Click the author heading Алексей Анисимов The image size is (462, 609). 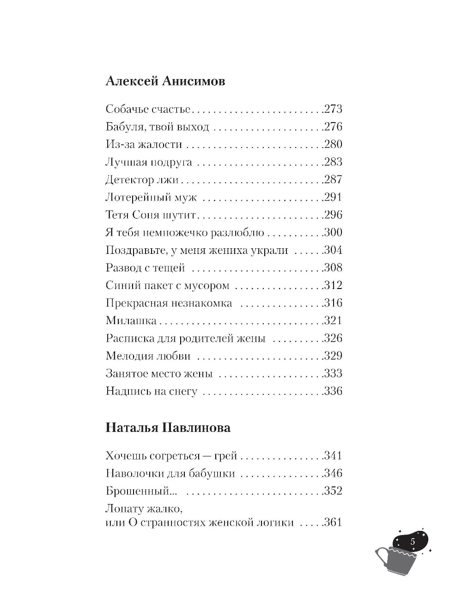pos(165,81)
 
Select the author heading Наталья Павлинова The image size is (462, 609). pos(168,427)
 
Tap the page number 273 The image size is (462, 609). pos(333,109)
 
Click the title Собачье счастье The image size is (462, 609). pos(148,109)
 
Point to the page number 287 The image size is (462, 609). pos(333,179)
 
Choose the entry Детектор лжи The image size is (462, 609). pos(142,179)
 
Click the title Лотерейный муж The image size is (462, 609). pos(151,197)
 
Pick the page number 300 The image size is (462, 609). pos(333,232)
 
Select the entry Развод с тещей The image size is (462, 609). pos(145,268)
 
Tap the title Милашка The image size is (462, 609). pos(131,320)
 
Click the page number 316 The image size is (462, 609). pos(333,303)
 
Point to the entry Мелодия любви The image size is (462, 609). pos(148,356)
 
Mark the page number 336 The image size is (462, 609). pos(333,391)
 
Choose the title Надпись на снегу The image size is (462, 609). pos(152,391)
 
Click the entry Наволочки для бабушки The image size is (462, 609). pos(170,474)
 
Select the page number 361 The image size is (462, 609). pos(333,523)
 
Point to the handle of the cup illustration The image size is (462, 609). pos(382,557)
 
